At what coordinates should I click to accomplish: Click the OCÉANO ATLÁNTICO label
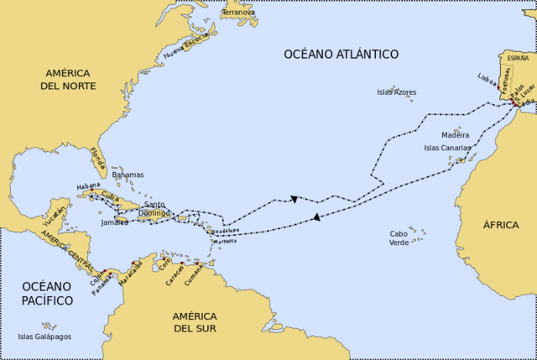coord(341,55)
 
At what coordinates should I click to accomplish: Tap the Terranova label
coord(238,13)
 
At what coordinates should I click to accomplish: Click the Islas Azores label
coord(396,92)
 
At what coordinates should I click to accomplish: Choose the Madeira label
coord(456,134)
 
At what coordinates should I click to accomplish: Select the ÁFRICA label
coord(501,225)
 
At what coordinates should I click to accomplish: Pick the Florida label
coord(99,156)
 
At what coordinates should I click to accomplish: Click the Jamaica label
coord(113,222)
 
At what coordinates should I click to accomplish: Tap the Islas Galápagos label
coord(44,337)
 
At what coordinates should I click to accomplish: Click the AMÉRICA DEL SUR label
coord(195,321)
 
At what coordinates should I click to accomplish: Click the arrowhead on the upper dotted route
coord(295,199)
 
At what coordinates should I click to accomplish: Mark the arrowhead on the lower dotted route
coord(316,217)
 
